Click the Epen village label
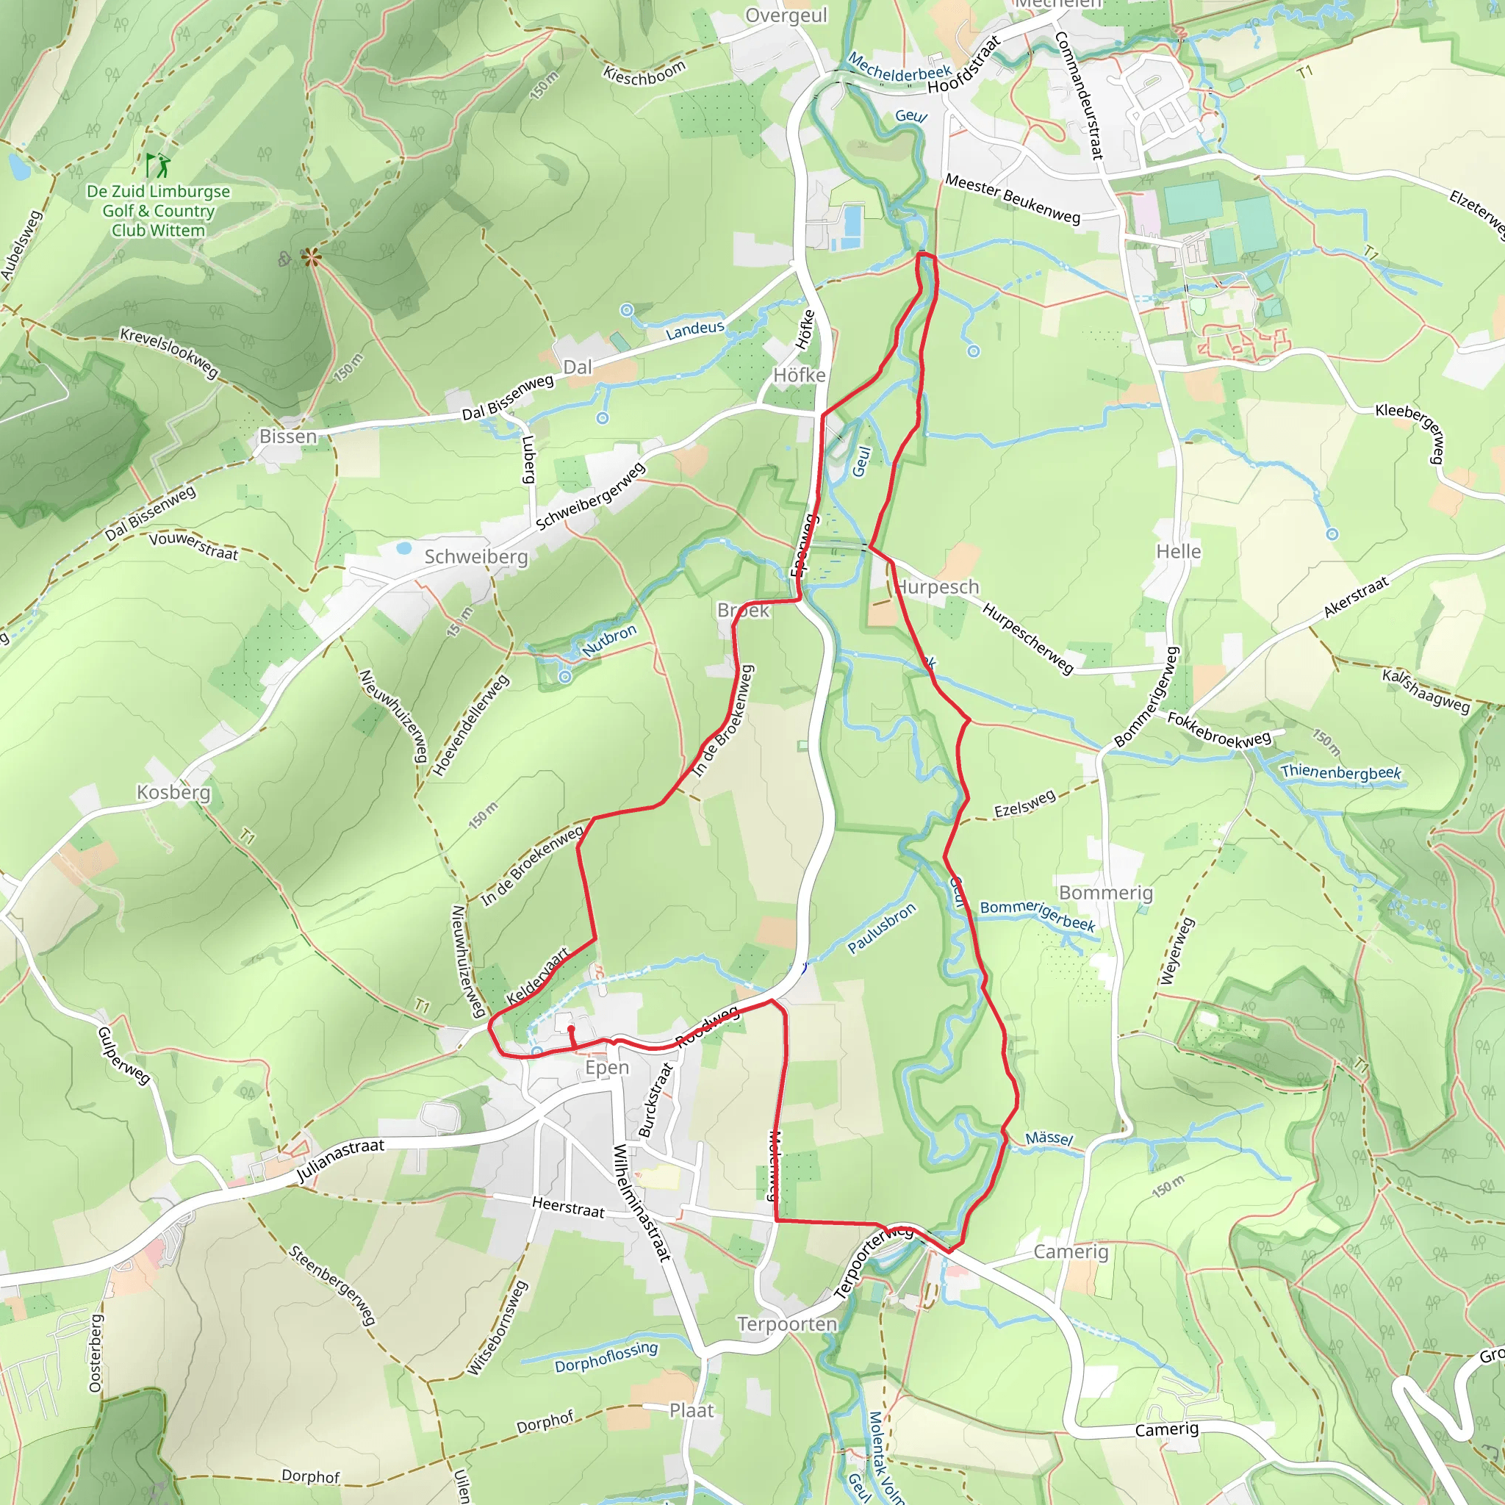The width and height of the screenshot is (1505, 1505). click(x=607, y=1068)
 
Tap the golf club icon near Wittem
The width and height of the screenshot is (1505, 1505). click(x=157, y=165)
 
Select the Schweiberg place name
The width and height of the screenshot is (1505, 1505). click(x=476, y=557)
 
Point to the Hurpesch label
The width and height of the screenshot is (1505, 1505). click(x=937, y=586)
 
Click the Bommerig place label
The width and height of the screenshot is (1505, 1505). click(x=1105, y=893)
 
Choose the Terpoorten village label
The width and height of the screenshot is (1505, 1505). click(x=787, y=1324)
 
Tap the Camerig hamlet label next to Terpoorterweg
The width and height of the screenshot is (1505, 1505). click(x=1070, y=1251)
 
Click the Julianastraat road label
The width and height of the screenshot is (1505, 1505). click(x=340, y=1163)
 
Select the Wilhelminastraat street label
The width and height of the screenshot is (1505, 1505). click(x=641, y=1203)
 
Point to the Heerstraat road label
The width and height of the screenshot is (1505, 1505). click(x=568, y=1207)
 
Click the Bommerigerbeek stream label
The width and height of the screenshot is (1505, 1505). click(x=1037, y=916)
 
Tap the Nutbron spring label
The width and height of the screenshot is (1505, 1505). click(x=609, y=639)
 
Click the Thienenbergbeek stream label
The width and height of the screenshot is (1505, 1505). click(x=1340, y=773)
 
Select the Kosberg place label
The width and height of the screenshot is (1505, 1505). click(x=173, y=792)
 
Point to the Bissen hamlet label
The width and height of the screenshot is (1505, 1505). click(x=288, y=437)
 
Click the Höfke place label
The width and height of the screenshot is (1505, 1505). click(x=800, y=376)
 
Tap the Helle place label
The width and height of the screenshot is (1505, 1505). click(x=1178, y=552)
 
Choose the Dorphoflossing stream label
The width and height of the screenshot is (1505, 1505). click(x=606, y=1357)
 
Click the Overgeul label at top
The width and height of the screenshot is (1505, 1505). click(x=786, y=15)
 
